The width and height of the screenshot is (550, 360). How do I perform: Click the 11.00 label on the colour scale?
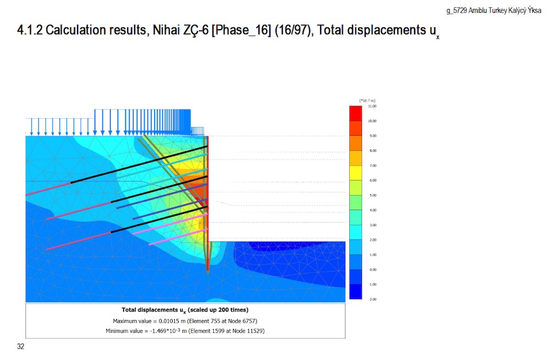pyautogui.click(x=372, y=106)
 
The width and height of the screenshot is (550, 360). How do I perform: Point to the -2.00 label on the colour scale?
pyautogui.click(x=372, y=299)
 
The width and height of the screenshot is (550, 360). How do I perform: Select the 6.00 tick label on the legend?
pyautogui.click(x=372, y=180)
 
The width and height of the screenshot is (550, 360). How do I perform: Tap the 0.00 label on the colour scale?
pyautogui.click(x=372, y=269)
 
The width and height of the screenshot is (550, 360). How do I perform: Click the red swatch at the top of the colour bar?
pyautogui.click(x=356, y=113)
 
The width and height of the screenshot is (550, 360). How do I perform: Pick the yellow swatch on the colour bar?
pyautogui.click(x=356, y=173)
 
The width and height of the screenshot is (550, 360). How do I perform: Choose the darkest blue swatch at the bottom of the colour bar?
pyautogui.click(x=356, y=291)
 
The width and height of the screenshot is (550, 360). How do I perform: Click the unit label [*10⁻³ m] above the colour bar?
pyautogui.click(x=367, y=100)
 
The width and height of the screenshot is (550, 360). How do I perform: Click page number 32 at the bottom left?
pyautogui.click(x=21, y=346)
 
